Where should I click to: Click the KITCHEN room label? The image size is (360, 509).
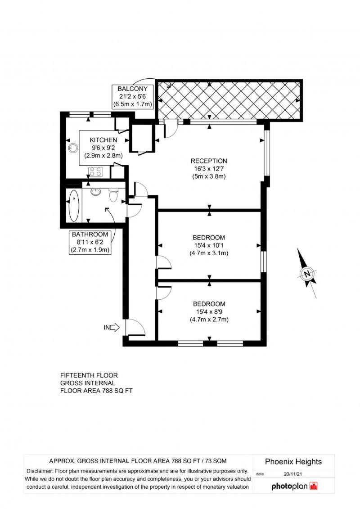103,140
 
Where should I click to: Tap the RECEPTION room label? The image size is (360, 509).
209,161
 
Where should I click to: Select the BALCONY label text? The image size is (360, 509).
132,89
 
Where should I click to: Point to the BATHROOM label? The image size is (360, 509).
90,234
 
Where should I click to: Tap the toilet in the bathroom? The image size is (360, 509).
113,195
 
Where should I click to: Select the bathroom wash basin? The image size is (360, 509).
95,192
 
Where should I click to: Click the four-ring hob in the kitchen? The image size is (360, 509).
96,172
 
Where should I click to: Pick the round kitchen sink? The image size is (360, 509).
73,149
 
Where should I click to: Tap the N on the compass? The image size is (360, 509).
307,274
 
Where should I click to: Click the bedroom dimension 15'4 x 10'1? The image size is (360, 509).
209,245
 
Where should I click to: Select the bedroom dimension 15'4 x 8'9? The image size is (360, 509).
209,312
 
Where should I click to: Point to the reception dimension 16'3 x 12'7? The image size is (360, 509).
209,169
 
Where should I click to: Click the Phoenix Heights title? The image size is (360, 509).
293,462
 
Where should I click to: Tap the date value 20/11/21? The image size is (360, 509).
293,474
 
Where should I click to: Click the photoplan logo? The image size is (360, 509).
294,486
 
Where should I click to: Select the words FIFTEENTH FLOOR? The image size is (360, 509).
89,375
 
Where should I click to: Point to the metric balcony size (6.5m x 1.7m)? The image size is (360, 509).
132,104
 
